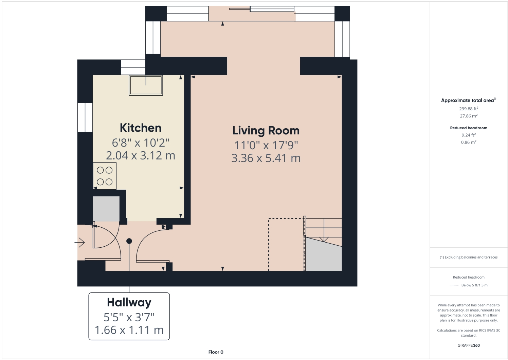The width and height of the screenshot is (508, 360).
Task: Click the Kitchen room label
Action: pos(141,128)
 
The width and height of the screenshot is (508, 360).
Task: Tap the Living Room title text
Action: pos(266,131)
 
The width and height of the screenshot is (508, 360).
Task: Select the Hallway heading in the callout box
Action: pos(129,303)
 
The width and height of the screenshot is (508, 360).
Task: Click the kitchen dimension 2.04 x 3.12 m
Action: pos(141,155)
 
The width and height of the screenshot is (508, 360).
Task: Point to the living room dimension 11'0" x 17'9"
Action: pos(266,145)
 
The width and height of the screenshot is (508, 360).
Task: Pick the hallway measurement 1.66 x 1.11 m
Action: pos(129,330)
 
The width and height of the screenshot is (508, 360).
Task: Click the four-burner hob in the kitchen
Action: pos(105,176)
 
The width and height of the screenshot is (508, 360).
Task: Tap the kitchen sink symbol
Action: pos(146,85)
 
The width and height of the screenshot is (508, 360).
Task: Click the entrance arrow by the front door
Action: pos(79,243)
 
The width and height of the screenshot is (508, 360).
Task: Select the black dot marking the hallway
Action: pos(129,241)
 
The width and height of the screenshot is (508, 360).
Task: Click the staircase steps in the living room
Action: pos(324,228)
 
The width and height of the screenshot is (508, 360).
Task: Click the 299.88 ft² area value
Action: pos(469,109)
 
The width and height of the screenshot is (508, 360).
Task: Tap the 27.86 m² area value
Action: pos(469,116)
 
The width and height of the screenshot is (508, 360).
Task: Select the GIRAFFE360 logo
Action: pos(469,345)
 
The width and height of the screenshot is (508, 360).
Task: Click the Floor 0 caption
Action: pos(216,352)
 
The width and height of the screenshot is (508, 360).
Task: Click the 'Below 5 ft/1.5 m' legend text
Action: pos(474,285)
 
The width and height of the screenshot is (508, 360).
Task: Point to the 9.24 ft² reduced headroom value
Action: pos(469,135)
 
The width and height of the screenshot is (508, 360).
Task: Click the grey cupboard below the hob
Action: pos(106,209)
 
